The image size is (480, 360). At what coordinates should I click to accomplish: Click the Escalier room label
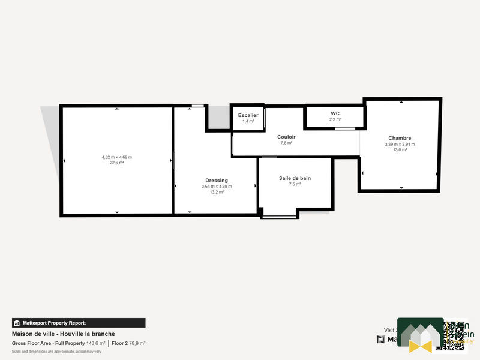tap(248, 115)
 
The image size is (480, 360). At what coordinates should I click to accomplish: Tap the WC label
tap(335, 113)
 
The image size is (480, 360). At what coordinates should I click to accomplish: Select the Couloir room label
tap(286, 137)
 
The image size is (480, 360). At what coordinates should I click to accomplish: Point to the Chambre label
tap(400, 138)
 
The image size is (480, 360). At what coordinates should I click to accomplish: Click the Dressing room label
tap(217, 180)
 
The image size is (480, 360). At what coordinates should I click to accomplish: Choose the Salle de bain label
tap(295, 178)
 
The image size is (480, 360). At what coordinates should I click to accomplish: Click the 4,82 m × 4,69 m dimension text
tap(117, 157)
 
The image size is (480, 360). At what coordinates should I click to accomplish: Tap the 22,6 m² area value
tap(117, 163)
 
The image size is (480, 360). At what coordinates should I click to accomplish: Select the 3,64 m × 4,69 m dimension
tap(217, 187)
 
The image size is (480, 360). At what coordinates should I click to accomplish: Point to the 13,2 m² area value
tap(217, 192)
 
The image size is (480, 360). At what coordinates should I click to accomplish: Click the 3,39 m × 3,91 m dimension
tap(400, 144)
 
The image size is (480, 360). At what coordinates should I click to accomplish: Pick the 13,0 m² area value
tap(400, 149)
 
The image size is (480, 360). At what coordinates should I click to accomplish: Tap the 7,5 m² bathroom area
tap(295, 184)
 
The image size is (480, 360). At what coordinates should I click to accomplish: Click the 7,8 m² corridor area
tap(286, 143)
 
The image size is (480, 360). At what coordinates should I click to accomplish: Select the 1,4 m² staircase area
tap(248, 121)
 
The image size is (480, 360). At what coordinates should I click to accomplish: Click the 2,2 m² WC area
tap(335, 119)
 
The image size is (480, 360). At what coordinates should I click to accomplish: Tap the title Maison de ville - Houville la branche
tap(64, 334)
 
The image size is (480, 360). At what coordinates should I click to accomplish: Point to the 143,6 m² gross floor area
tap(95, 343)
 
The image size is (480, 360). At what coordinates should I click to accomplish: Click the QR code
tap(455, 335)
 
